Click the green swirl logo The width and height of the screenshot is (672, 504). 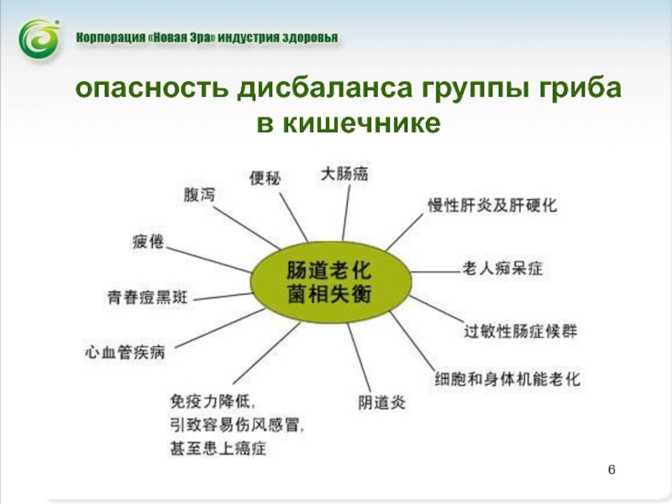click(x=39, y=39)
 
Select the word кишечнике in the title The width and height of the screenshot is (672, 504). click(x=361, y=123)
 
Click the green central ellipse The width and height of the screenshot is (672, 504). click(x=330, y=282)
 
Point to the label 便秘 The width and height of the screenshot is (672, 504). click(x=265, y=178)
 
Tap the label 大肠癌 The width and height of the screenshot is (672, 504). click(x=344, y=174)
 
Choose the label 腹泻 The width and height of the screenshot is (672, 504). click(x=199, y=195)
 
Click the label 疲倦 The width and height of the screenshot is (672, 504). click(x=149, y=242)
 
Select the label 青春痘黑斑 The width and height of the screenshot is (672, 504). click(x=148, y=297)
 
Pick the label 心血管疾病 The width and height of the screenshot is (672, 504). click(x=125, y=352)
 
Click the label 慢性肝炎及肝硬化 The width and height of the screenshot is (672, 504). click(x=492, y=205)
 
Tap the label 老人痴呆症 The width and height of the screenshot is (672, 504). click(x=503, y=269)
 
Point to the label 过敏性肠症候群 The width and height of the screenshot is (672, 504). click(x=521, y=331)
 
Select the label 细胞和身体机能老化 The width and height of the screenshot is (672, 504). click(x=507, y=380)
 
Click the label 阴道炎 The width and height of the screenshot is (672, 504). click(x=382, y=402)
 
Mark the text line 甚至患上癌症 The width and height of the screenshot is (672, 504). click(x=218, y=449)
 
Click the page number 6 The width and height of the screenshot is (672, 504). click(x=612, y=470)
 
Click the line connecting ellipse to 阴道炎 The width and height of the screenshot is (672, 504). click(x=360, y=358)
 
